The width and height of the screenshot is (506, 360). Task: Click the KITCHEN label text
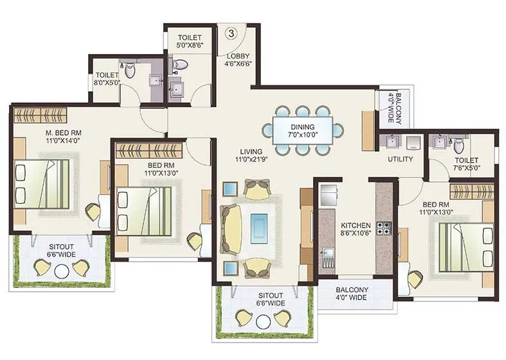pyautogui.click(x=356, y=226)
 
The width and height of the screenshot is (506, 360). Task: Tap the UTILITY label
pyautogui.click(x=400, y=159)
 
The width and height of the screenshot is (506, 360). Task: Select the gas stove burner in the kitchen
pyautogui.click(x=384, y=228)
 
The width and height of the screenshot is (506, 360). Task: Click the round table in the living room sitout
pyautogui.click(x=263, y=321)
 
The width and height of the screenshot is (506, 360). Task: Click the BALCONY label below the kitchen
pyautogui.click(x=352, y=290)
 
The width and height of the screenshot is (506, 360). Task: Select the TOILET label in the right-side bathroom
pyautogui.click(x=467, y=161)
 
